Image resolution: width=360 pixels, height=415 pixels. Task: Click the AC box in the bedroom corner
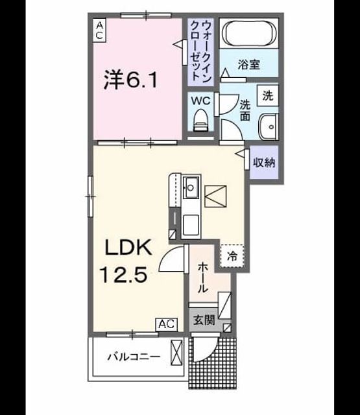click(99, 30)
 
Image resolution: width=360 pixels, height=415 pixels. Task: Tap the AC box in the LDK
click(167, 324)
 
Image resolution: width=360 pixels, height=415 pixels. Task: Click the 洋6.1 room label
click(130, 79)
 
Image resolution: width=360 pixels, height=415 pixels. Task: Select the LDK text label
click(128, 247)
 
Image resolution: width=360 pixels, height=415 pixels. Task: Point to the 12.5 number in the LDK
click(123, 274)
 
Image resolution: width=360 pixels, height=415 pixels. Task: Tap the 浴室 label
click(248, 64)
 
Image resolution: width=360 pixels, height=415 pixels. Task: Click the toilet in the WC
click(200, 121)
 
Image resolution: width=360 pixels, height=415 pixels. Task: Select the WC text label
click(201, 101)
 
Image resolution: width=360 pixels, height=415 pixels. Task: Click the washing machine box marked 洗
click(268, 96)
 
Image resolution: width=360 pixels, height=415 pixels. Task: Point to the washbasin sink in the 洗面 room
click(269, 127)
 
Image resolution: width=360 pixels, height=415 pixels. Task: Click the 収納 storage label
click(264, 162)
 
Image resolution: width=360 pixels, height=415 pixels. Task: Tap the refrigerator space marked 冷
click(232, 255)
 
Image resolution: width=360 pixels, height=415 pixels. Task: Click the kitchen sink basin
click(191, 187)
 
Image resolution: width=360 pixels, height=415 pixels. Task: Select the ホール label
click(203, 278)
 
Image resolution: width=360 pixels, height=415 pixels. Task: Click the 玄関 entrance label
click(204, 320)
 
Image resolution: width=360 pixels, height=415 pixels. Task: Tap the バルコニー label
click(134, 357)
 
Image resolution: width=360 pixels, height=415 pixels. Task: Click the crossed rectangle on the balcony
click(176, 353)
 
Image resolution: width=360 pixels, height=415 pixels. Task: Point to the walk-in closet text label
click(201, 51)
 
